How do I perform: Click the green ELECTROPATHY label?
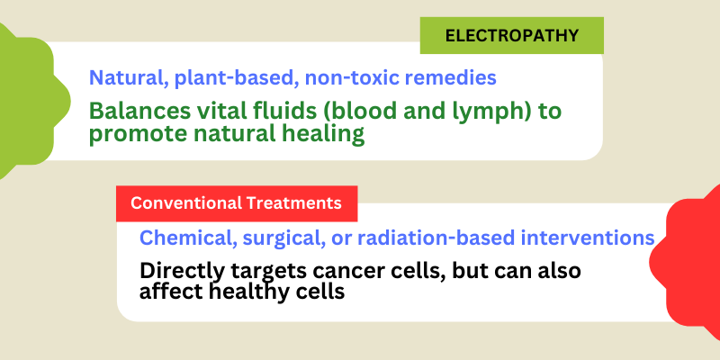511,36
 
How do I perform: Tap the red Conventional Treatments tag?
236,203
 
